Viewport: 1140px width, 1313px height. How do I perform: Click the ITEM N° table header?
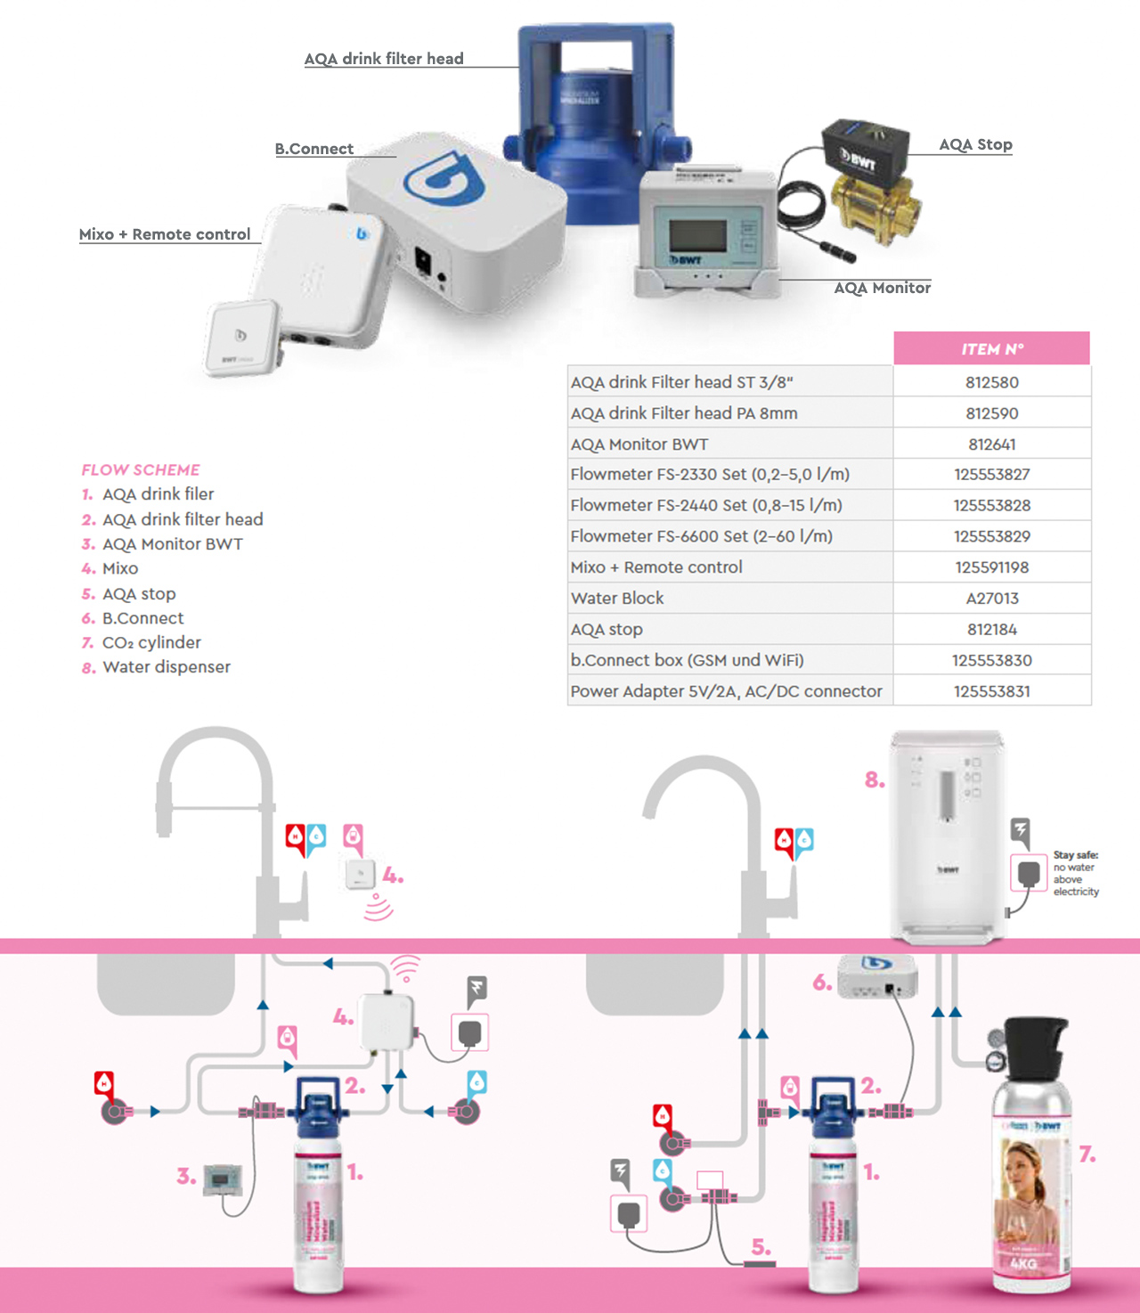[x=991, y=349]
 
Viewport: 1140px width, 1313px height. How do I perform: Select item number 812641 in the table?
[x=991, y=444]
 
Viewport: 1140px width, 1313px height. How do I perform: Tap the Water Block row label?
[x=617, y=599]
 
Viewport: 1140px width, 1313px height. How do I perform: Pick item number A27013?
[x=991, y=599]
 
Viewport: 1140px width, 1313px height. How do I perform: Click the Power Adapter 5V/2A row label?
[x=726, y=691]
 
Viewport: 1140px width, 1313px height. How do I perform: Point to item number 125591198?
[x=991, y=567]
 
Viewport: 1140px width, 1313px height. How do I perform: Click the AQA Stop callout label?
[x=975, y=144]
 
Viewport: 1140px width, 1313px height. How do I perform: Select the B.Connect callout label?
[x=313, y=149]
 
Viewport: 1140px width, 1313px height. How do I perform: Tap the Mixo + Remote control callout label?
[x=165, y=234]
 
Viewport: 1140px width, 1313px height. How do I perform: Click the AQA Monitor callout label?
[x=882, y=288]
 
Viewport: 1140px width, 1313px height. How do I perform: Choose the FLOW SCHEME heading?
[x=141, y=469]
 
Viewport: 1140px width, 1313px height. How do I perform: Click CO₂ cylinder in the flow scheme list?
[x=151, y=642]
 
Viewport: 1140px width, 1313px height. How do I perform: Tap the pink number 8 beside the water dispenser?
[x=875, y=780]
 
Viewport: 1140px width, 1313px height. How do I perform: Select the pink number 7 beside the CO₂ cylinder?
[x=1087, y=1154]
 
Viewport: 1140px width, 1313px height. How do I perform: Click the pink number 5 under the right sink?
[x=761, y=1246]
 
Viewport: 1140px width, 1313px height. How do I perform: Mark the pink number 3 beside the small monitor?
[x=185, y=1176]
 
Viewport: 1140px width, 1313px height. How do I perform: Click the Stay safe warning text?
[x=1075, y=873]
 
